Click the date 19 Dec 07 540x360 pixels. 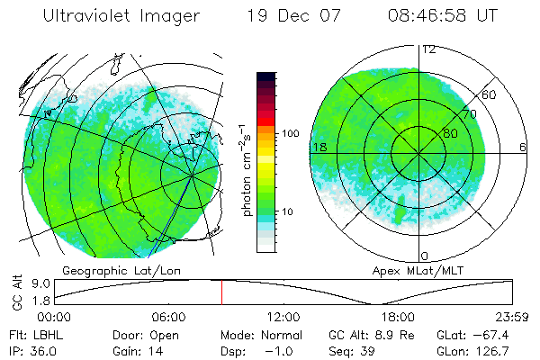point(281,16)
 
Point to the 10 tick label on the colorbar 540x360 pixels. point(292,212)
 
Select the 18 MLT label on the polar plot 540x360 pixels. point(318,147)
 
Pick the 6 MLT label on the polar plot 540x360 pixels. point(523,147)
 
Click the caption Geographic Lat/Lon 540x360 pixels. point(110,270)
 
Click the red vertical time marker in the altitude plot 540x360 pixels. point(221,292)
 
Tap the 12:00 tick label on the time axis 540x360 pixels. point(283,317)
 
